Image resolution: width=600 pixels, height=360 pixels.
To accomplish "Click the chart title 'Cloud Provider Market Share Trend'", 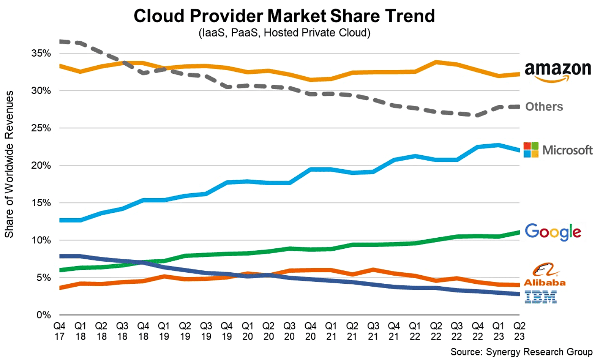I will (x=284, y=16).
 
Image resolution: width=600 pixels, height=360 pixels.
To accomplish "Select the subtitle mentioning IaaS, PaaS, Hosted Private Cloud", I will (x=284, y=33).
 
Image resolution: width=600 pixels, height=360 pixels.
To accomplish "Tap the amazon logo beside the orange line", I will (x=557, y=71).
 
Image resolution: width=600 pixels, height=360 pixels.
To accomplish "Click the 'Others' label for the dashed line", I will (x=544, y=107).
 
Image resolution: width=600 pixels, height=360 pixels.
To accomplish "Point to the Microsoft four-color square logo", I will (x=531, y=150).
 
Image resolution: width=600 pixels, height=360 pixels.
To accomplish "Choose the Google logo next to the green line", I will (x=553, y=232).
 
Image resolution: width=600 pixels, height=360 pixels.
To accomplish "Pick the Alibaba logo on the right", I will (x=545, y=274).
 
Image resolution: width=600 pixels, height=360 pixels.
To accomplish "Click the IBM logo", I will (x=540, y=297).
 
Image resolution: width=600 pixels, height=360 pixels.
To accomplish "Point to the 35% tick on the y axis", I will (x=41, y=53).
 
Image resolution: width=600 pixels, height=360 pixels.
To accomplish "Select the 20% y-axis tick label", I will (x=41, y=166).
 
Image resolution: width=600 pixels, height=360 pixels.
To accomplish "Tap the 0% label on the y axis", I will (x=44, y=315).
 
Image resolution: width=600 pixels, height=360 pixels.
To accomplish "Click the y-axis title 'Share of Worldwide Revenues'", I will (x=9, y=164).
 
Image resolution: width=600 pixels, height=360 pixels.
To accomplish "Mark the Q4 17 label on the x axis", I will (x=60, y=331).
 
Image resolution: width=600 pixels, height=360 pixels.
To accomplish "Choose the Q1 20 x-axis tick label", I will (x=247, y=331).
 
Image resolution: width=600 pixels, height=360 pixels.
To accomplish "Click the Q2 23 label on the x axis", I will (x=519, y=331).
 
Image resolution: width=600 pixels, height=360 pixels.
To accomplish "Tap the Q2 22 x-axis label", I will (x=436, y=331).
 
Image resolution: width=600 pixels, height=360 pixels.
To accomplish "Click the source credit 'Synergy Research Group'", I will (x=521, y=352).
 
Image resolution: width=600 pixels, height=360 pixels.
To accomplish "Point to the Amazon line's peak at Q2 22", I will (x=436, y=62).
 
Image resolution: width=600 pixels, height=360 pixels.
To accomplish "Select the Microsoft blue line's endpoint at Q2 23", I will (x=518, y=150).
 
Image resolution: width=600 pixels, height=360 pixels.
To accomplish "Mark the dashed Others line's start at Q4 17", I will (x=60, y=42).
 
